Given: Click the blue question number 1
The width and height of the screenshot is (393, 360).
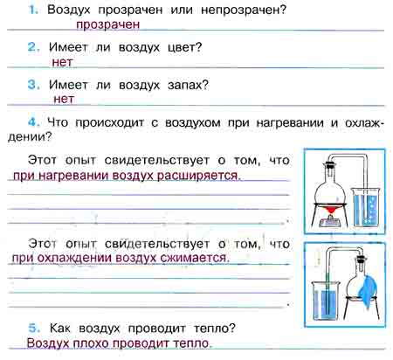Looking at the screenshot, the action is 33,10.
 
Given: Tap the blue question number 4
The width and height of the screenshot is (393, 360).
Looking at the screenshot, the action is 34,122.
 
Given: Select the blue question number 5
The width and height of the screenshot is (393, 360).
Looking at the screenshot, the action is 34,328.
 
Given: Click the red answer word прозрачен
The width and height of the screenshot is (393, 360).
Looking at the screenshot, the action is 108,24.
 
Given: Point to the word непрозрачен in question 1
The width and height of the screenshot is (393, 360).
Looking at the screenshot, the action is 244,10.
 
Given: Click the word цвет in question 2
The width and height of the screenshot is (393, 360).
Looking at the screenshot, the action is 184,47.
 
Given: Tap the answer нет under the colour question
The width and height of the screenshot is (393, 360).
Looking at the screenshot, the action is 62,62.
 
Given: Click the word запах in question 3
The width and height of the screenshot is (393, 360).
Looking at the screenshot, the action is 188,86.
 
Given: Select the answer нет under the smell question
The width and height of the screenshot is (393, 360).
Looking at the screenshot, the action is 64,99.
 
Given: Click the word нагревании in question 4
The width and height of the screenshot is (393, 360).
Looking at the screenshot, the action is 290,123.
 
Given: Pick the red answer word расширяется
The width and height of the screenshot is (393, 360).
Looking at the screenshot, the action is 199,176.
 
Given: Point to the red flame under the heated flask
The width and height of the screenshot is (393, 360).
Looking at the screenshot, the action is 331,210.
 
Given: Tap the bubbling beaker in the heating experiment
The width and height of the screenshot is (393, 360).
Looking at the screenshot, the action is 366,207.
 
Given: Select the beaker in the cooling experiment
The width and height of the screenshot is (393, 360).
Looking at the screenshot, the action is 326,301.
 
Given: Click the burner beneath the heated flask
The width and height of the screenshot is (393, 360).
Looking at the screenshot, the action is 330,220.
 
